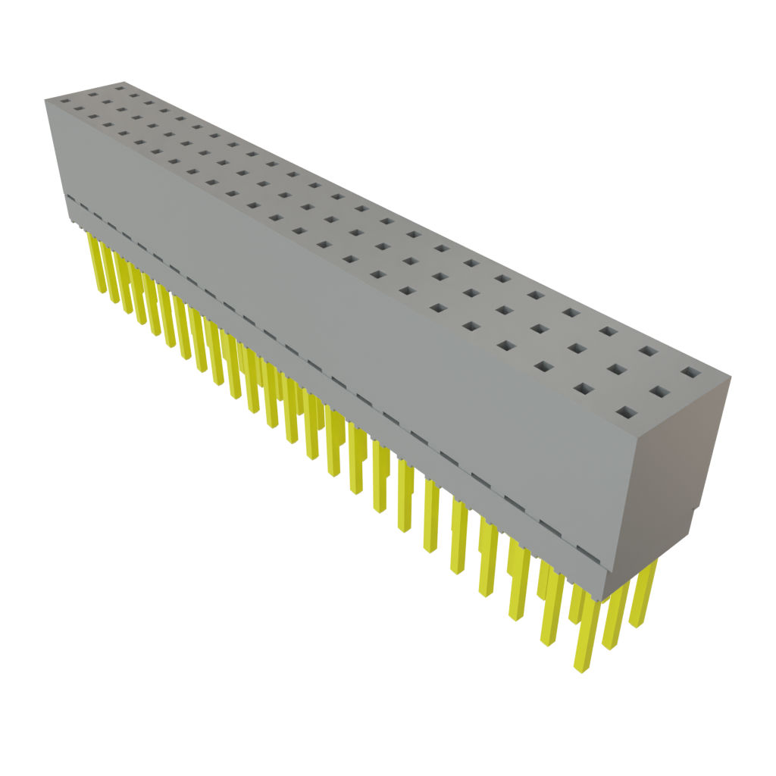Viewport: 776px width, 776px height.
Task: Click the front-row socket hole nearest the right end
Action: pos(625,412)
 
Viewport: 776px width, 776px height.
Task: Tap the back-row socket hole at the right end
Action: pos(690,372)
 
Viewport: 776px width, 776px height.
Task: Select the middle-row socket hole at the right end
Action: pos(659,393)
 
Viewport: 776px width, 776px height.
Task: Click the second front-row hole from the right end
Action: pos(584,388)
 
